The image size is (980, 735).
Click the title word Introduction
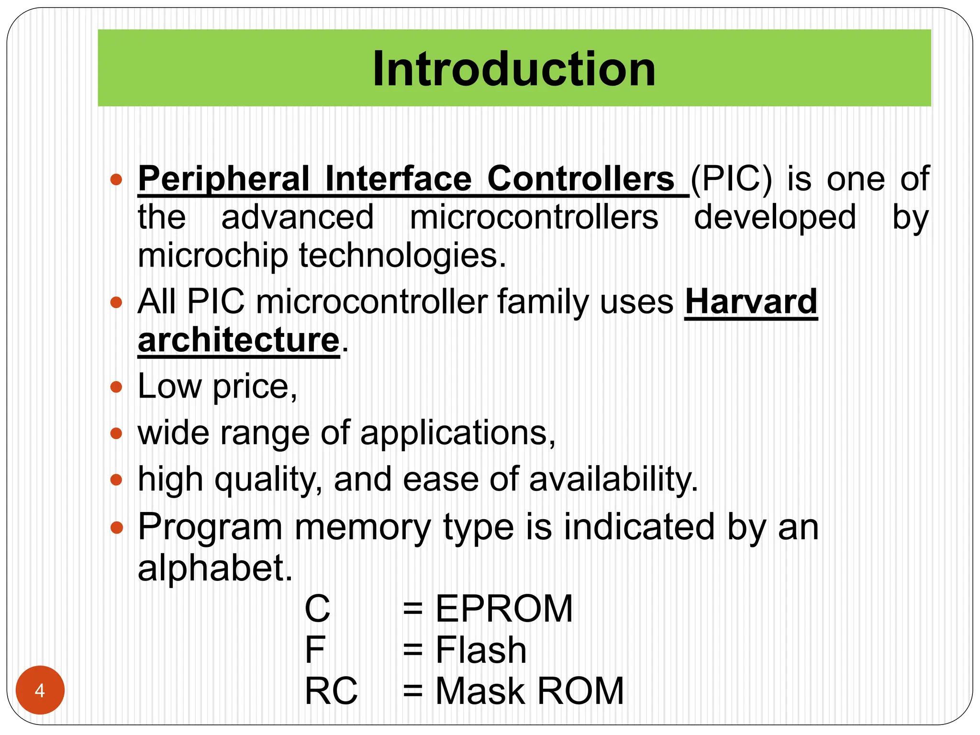(x=514, y=69)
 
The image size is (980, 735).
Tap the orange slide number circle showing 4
(x=40, y=690)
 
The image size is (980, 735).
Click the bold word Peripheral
(x=224, y=179)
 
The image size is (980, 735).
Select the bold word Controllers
(x=580, y=179)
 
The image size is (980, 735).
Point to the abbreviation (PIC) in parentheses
(x=731, y=179)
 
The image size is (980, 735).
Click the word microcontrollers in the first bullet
(x=534, y=217)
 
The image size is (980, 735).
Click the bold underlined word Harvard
(x=751, y=302)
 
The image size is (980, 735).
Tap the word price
(x=255, y=387)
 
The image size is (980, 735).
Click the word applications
(x=457, y=433)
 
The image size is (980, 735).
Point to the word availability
(x=613, y=479)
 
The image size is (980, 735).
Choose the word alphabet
(x=215, y=568)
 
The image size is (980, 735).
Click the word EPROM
(x=504, y=609)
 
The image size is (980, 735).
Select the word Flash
(x=481, y=650)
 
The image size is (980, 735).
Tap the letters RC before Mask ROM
(x=331, y=691)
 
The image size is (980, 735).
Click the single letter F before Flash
(x=315, y=650)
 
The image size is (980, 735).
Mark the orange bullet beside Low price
(x=116, y=387)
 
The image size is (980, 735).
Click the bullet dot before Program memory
(x=116, y=528)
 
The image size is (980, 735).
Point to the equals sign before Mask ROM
(x=412, y=692)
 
